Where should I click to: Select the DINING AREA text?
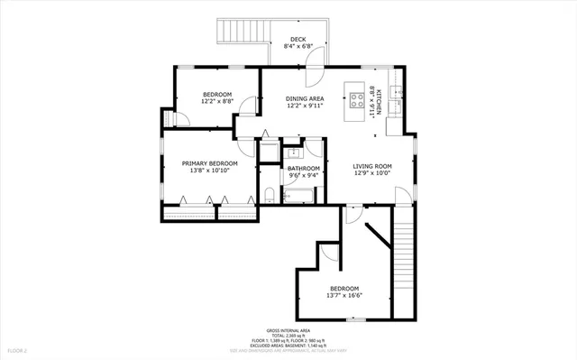tap(305, 98)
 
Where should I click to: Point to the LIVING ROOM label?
tap(371, 166)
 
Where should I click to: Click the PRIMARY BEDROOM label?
tap(209, 163)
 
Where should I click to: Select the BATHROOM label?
tap(304, 168)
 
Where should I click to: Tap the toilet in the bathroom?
tap(270, 192)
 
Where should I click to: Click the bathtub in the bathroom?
tap(298, 193)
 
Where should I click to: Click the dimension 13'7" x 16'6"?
tap(343, 295)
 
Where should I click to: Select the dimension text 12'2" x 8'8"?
tap(217, 102)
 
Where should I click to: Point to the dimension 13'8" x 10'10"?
tap(209, 171)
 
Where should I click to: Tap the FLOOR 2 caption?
tap(18, 349)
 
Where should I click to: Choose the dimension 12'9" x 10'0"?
tap(371, 173)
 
